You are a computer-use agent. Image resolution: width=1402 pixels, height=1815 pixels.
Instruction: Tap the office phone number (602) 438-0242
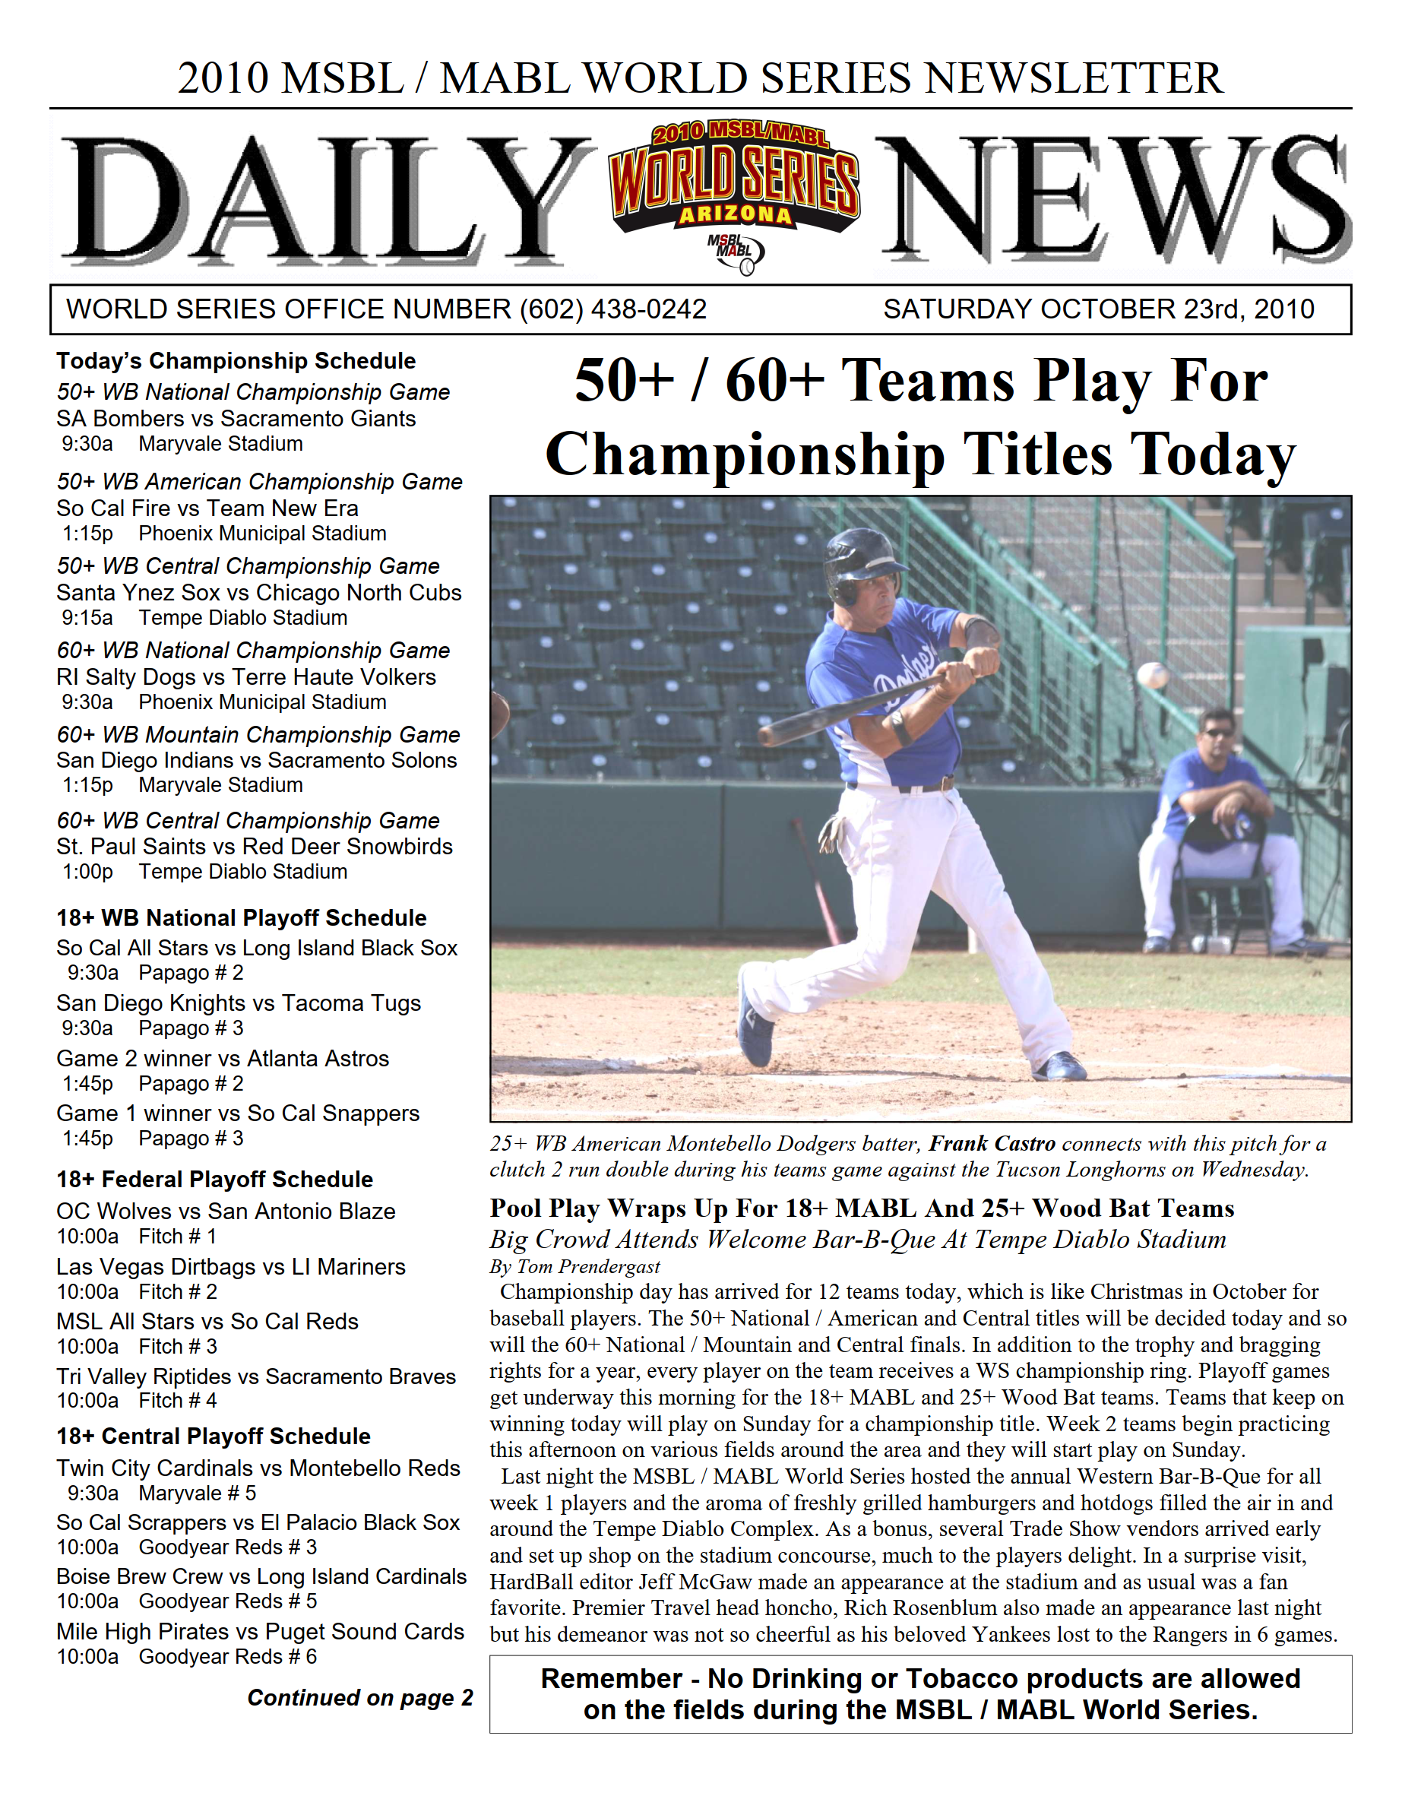click(612, 309)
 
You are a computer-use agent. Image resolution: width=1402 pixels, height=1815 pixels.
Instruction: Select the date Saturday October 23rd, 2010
click(1098, 309)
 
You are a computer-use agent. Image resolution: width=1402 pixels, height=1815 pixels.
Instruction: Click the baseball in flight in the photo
click(1153, 675)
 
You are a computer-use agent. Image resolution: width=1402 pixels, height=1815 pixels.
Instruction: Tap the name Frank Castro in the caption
click(992, 1144)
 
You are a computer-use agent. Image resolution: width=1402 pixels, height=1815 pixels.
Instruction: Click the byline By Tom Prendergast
click(574, 1266)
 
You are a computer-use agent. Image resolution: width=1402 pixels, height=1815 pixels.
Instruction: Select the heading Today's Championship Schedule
click(236, 361)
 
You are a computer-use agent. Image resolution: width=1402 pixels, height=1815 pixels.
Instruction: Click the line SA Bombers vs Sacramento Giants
click(236, 418)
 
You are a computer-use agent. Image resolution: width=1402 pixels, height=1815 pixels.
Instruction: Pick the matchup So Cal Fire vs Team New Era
click(207, 508)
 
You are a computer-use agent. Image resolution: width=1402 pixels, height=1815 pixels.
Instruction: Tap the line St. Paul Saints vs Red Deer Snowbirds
click(255, 846)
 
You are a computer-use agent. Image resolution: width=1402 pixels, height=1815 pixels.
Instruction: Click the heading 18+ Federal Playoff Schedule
click(214, 1180)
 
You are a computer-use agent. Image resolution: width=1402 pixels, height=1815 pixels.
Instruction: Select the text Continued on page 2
click(360, 1697)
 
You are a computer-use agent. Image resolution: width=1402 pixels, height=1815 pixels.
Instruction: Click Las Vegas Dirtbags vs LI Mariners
click(231, 1266)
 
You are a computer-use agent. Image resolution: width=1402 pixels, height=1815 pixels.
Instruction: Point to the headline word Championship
click(745, 455)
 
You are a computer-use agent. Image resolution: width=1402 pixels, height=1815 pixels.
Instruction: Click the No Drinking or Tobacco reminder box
click(920, 1693)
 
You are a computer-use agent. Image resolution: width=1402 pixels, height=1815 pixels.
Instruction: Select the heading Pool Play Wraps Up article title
click(862, 1208)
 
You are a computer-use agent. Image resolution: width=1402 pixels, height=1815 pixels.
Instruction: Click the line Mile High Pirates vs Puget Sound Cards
click(260, 1631)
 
